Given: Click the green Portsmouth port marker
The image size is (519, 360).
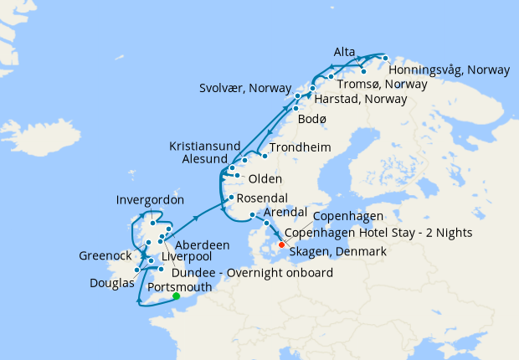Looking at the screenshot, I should coord(177,296).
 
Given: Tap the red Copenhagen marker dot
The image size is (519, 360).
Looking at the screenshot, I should coord(281,245).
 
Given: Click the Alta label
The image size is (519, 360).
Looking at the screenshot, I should coord(344,52).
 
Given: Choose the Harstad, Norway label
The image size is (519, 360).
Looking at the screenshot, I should coord(361,100).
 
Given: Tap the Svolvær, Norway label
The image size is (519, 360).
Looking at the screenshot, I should coord(244,87).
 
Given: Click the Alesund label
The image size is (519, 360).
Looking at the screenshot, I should coord(204,159).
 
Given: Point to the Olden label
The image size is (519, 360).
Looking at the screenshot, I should coord(265,179).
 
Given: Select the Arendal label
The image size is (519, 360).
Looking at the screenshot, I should coord(286,213).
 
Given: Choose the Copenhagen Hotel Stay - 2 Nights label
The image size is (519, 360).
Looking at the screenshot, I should coord(379,233).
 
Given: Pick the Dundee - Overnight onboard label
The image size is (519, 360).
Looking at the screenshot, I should coord(252,273).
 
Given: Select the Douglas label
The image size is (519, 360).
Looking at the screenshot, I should coord(112,283).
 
